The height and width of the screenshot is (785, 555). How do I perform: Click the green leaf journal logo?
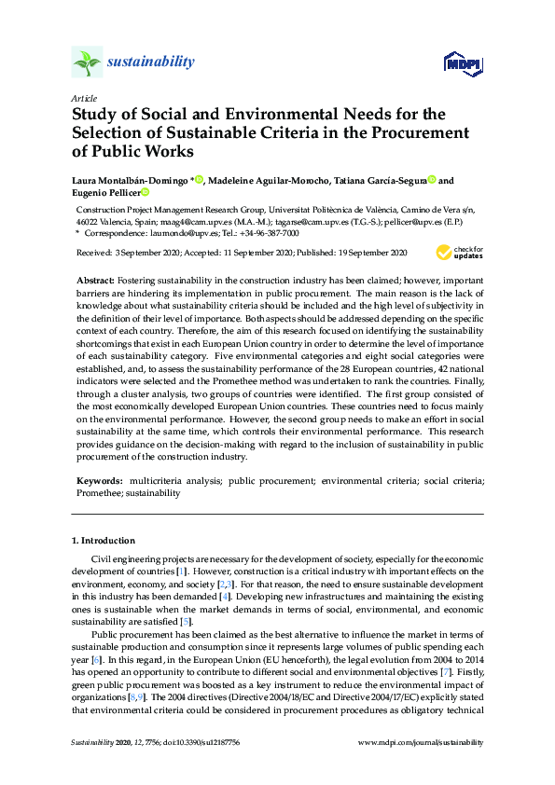87,62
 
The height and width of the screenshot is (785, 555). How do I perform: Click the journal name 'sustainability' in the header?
151,62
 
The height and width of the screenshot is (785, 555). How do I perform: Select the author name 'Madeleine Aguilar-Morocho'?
267,180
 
